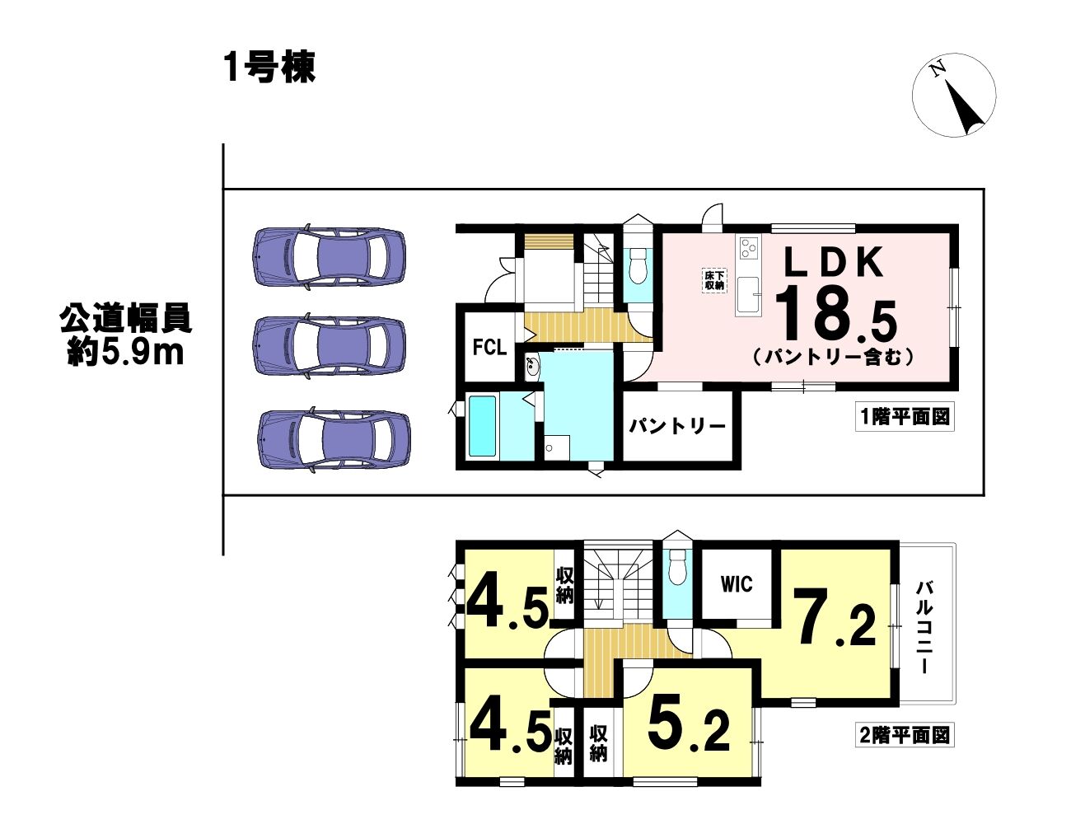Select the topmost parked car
tap(329, 260)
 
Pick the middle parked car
tap(329, 347)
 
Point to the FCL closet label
tap(489, 348)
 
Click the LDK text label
tap(833, 263)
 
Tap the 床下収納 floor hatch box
tap(714, 281)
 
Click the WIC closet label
tap(737, 584)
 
